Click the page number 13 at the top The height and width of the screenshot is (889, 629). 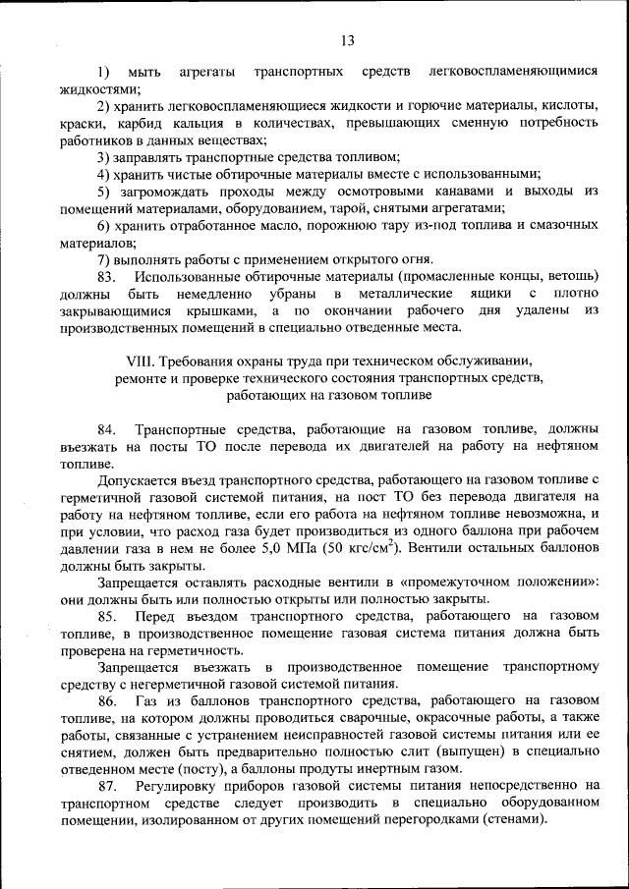[x=346, y=40]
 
